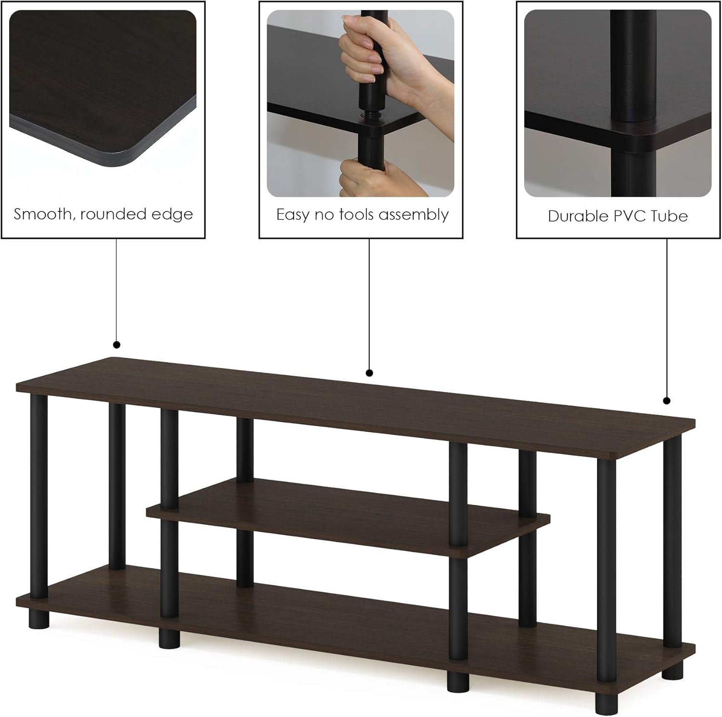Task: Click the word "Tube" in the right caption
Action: [669, 216]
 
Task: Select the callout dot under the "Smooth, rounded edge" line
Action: [116, 345]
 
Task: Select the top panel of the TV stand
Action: [356, 409]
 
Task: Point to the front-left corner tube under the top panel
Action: [39, 496]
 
